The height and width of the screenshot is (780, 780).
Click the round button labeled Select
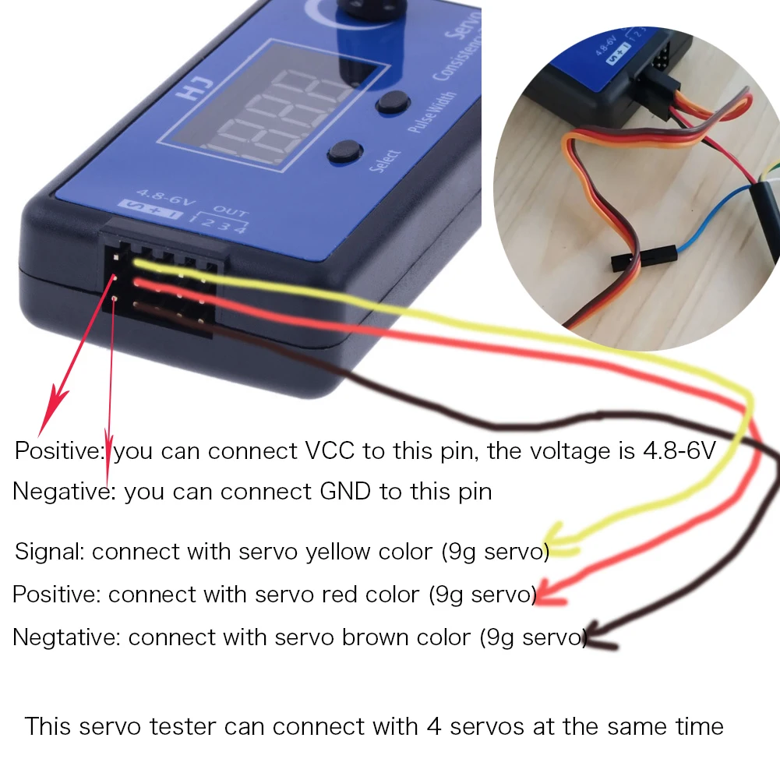tap(345, 150)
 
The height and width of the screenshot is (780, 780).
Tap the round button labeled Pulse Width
tap(394, 103)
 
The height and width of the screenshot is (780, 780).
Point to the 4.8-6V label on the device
tap(160, 192)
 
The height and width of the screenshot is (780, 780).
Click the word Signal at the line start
tap(49, 552)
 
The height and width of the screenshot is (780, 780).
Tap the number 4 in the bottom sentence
tap(434, 726)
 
